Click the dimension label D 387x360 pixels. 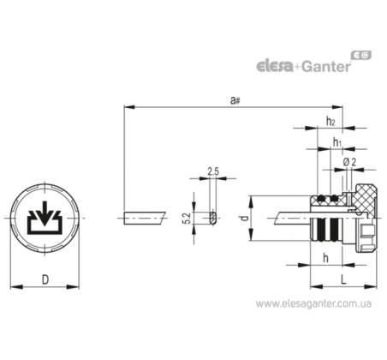click(45, 279)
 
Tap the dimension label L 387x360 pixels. click(343, 279)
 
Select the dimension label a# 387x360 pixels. click(235, 100)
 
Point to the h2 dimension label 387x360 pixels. click(330, 121)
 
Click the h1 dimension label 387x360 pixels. click(337, 141)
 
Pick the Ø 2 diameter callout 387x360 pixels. click(349, 162)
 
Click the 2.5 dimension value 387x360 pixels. click(213, 171)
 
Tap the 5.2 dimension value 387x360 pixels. click(188, 219)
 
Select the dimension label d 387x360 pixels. click(243, 219)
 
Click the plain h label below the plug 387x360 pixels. click(325, 258)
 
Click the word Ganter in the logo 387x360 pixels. click(326, 66)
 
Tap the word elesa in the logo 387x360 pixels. click(275, 66)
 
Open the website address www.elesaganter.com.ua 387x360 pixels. click(313, 303)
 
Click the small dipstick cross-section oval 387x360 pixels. click(213, 219)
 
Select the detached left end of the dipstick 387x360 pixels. click(145, 219)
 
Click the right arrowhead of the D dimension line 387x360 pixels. click(74, 286)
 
